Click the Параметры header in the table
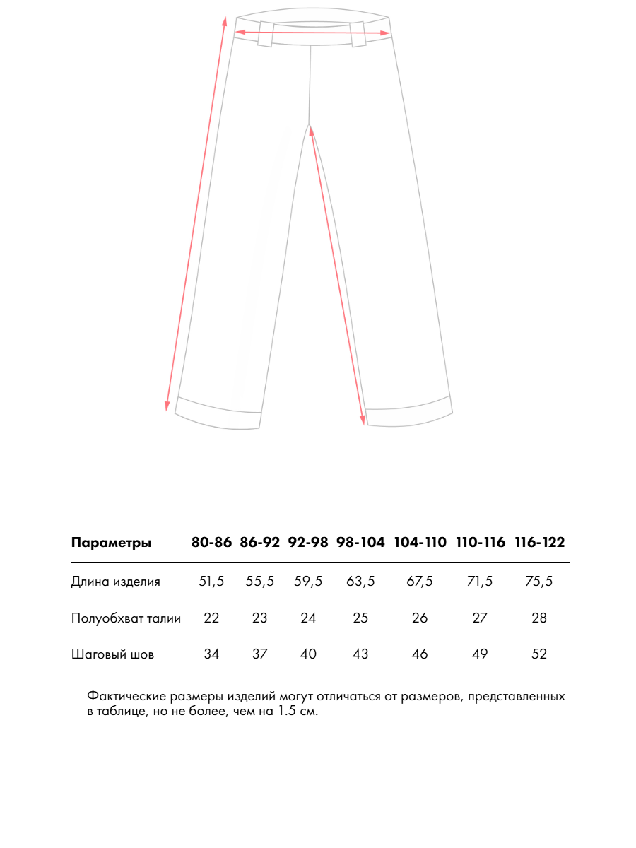pyautogui.click(x=111, y=543)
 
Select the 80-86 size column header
pyautogui.click(x=211, y=543)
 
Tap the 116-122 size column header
pyautogui.click(x=539, y=543)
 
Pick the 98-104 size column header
pyautogui.click(x=360, y=543)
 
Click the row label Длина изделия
pyautogui.click(x=115, y=582)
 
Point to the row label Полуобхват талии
pyautogui.click(x=126, y=618)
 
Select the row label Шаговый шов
pyautogui.click(x=112, y=654)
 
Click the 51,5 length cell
pyautogui.click(x=211, y=582)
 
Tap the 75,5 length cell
pyautogui.click(x=539, y=582)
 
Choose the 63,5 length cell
pyautogui.click(x=360, y=582)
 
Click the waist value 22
pyautogui.click(x=211, y=618)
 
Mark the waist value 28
pyautogui.click(x=539, y=618)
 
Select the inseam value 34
pyautogui.click(x=211, y=654)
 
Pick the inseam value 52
pyautogui.click(x=539, y=654)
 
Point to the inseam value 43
pyautogui.click(x=360, y=654)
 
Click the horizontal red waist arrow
pyautogui.click(x=312, y=32)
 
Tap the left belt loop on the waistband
pyautogui.click(x=266, y=34)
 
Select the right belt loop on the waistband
pyautogui.click(x=358, y=34)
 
